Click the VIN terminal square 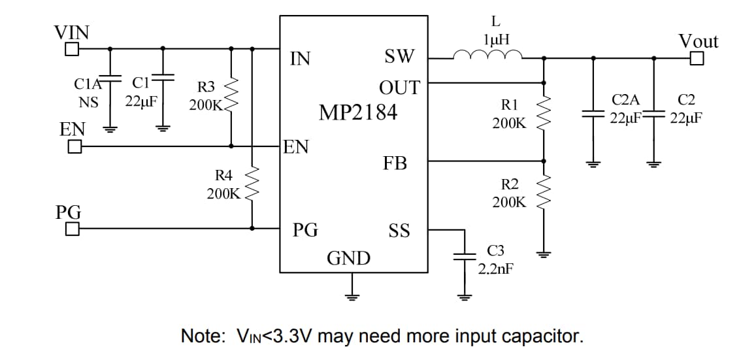pos(72,49)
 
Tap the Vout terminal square pos(697,59)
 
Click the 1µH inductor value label pos(496,40)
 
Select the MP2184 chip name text pos(357,112)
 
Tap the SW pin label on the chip pos(399,57)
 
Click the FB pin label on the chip pos(395,163)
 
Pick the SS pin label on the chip pos(399,231)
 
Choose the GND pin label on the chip pos(348,259)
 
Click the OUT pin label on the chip pos(399,88)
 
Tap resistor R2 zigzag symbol pos(544,193)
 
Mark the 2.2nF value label pos(495,269)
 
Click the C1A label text pos(88,84)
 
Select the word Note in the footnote pos(201,336)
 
